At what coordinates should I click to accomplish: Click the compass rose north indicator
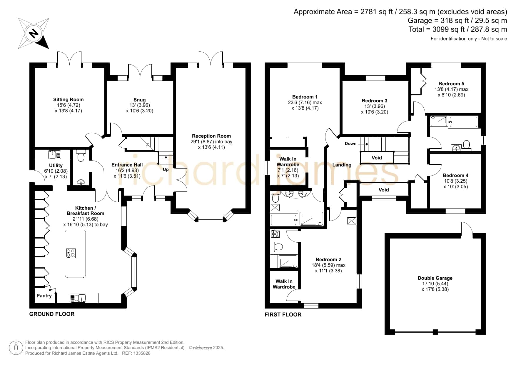(34, 33)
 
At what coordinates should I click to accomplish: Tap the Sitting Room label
(69, 100)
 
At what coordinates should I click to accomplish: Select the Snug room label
(140, 100)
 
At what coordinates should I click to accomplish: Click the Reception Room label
(211, 136)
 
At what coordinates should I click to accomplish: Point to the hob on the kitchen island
(71, 253)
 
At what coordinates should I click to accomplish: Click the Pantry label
(44, 296)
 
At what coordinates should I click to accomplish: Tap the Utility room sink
(54, 154)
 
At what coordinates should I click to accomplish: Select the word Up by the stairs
(166, 169)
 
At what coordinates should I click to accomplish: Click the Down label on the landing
(350, 144)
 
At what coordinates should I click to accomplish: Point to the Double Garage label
(435, 278)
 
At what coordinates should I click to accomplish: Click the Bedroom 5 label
(451, 84)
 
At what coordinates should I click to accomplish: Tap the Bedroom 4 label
(456, 175)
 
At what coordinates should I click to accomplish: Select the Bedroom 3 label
(375, 101)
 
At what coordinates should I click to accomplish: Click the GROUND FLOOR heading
(52, 314)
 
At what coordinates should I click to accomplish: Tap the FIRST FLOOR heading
(283, 314)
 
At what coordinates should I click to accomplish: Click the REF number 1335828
(142, 353)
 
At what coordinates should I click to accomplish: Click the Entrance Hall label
(127, 165)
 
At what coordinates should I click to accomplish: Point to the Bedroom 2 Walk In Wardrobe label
(284, 284)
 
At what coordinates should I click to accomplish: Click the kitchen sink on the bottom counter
(78, 298)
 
